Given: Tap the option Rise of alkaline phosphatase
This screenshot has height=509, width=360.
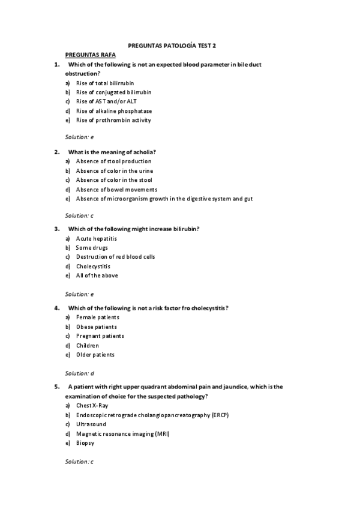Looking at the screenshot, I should (113, 111).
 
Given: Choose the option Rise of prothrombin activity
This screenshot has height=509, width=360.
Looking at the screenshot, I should (113, 120).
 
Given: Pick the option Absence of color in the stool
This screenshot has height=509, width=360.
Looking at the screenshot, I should (114, 180).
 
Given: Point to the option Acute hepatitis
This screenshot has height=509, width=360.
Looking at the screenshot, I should (96, 238).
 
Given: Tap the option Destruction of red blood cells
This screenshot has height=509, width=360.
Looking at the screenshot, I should (115, 257).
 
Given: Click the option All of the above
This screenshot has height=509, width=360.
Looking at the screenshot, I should (97, 276).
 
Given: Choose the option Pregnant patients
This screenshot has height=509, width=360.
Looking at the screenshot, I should (100, 336).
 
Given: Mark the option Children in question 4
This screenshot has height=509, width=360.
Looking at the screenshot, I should (88, 346).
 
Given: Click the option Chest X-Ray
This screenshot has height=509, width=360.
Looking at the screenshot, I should (92, 406).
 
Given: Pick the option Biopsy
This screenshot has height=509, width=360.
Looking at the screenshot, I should (85, 443).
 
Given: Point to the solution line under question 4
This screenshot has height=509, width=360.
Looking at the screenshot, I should (80, 373).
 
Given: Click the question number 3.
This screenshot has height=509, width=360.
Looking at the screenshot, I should (56, 229).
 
